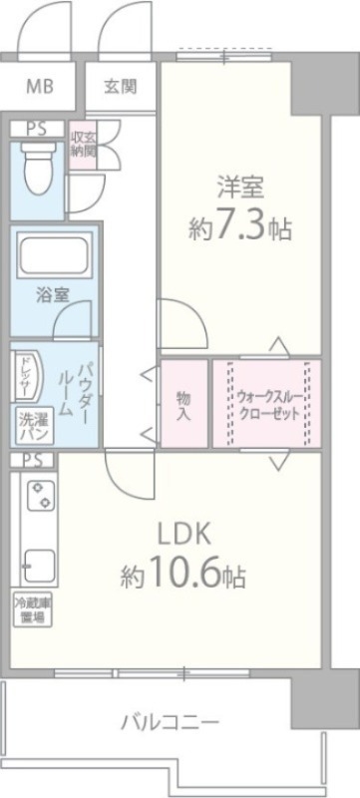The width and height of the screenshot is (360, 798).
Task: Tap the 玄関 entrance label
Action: tap(121, 86)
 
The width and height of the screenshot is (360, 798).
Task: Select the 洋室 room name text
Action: tap(239, 187)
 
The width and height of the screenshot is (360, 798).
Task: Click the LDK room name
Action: tap(183, 533)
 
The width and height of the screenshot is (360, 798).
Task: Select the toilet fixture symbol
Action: tap(39, 169)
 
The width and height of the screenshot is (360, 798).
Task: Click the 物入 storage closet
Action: tap(183, 404)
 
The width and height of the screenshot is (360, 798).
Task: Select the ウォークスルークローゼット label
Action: tap(267, 403)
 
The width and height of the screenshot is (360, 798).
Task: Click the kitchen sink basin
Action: tap(39, 565)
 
